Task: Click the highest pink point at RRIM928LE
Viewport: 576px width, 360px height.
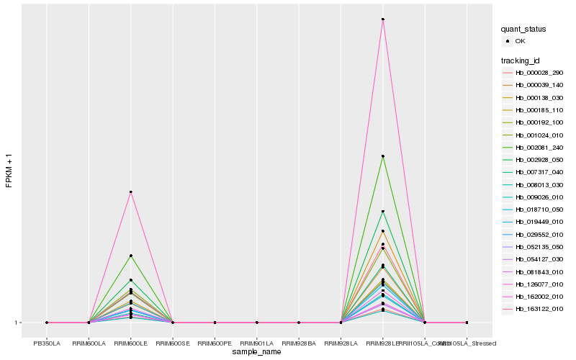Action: (383, 19)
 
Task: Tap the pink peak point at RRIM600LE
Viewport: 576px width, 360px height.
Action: (131, 192)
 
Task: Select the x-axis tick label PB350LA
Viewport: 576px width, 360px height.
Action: (47, 333)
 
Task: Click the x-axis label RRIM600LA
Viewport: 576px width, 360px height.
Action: (89, 333)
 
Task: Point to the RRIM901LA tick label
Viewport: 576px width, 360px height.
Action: (257, 333)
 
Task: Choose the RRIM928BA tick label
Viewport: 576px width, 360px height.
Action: (299, 333)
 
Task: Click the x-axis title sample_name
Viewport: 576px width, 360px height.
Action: (257, 351)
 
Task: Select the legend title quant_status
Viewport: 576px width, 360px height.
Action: (523, 30)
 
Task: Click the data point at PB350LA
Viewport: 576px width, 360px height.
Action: (47, 323)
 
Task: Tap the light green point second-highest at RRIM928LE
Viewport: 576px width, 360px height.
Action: (383, 156)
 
